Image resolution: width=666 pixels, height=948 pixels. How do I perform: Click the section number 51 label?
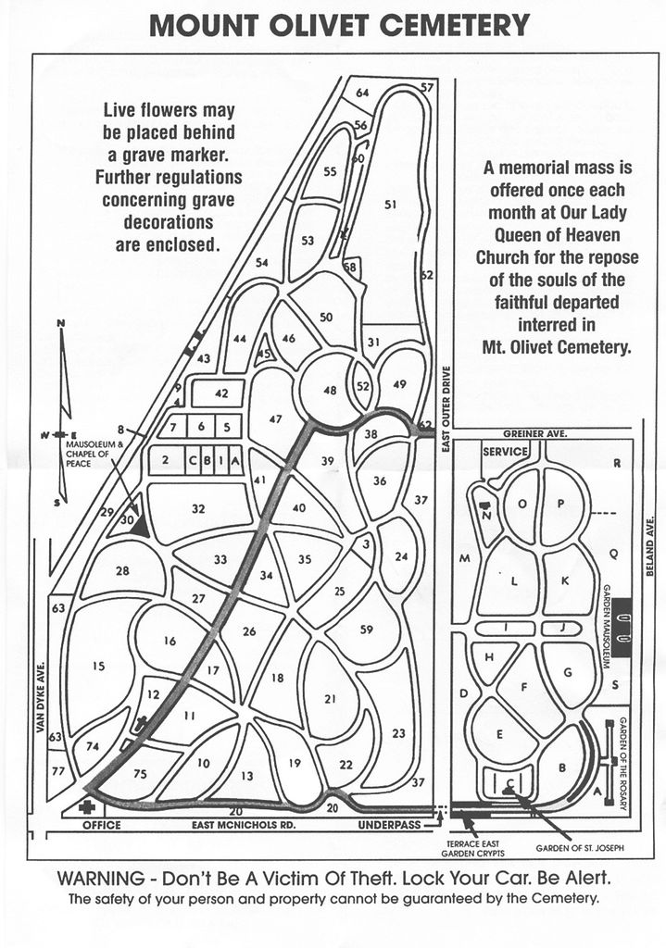coord(390,205)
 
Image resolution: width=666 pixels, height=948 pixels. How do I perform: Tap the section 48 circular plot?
coord(329,390)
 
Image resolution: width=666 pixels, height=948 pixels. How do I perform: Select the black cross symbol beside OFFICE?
coord(88,807)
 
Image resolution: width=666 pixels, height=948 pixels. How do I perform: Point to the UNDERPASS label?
coord(389,824)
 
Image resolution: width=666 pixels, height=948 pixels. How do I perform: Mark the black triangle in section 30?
coord(141,524)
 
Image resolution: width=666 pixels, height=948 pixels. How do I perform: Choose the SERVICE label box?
coord(505,451)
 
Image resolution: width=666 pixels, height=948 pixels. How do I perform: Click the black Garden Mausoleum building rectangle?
coord(622,627)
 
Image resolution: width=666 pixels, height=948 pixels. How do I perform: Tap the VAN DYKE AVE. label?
coord(41,696)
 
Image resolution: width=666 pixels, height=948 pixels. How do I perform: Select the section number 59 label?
coord(366,630)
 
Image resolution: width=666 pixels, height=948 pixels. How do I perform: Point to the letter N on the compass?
coord(60,323)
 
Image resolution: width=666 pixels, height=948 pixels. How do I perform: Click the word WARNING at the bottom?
coord(101,878)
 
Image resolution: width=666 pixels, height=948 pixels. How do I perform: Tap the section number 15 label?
coord(98,666)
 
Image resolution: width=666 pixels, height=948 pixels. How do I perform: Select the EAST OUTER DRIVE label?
coord(446,409)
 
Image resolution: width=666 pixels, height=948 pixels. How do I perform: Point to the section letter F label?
coord(524,687)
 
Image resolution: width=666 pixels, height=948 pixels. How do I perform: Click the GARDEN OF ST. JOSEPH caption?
coord(580,848)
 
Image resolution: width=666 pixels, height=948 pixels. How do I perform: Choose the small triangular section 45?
coord(264,351)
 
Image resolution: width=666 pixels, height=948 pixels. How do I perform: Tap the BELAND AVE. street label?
coord(650,545)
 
